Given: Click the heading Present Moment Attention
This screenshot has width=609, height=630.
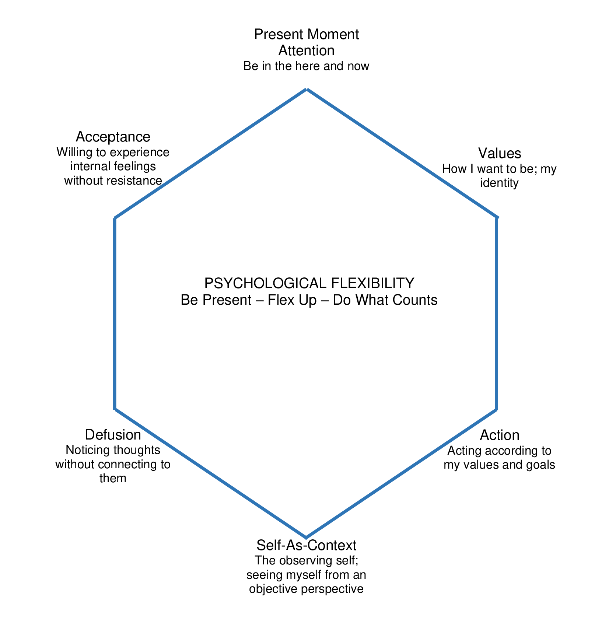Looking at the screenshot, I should point(306,42).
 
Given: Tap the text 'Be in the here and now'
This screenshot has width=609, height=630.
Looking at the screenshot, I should point(306,66).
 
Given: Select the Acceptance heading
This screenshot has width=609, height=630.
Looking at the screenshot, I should point(113,137).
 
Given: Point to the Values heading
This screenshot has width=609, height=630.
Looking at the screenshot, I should point(500,153).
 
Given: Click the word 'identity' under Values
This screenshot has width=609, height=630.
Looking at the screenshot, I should point(499,183).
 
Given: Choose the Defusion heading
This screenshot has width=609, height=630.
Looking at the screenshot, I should point(113,435).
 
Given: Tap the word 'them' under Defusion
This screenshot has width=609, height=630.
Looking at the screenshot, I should point(113,478).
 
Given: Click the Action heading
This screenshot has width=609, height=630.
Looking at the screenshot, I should point(500,435).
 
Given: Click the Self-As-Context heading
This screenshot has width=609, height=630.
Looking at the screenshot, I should point(306,545).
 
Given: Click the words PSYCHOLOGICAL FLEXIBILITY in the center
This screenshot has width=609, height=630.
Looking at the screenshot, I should point(309,283).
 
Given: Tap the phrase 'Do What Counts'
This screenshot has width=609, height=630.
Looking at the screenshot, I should point(385,300).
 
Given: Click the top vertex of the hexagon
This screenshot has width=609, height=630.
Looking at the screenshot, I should point(306,89).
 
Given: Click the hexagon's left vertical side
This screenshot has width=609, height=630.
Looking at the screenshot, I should point(115,313).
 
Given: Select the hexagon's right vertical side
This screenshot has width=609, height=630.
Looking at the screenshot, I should point(497,313).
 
